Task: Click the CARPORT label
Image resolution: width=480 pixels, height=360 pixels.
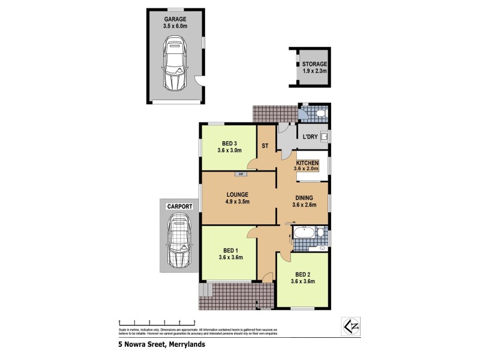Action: (179, 206)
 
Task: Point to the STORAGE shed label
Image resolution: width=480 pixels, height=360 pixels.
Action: (314, 64)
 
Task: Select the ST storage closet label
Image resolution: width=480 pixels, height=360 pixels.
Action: (265, 145)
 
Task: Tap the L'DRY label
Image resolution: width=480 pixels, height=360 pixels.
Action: (310, 137)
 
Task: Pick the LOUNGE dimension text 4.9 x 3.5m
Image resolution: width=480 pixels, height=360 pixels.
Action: (238, 202)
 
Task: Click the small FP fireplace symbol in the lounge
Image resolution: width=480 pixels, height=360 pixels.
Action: (241, 174)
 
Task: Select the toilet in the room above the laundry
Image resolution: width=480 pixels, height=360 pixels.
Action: (319, 113)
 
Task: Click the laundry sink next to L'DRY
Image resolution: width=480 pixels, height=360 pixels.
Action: (325, 137)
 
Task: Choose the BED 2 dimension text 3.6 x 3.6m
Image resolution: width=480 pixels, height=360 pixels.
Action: (302, 281)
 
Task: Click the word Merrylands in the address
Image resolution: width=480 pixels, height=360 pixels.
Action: (187, 345)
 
